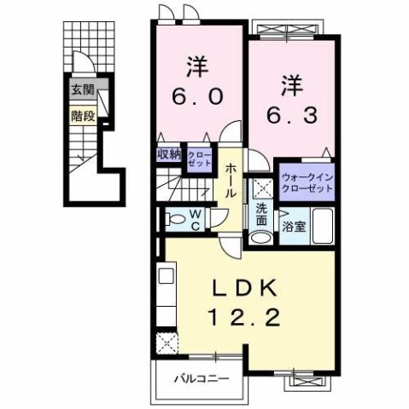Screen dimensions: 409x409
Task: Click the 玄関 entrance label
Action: [83, 89]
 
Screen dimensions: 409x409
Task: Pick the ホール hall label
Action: [231, 181]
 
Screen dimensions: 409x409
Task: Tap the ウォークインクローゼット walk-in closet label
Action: [304, 181]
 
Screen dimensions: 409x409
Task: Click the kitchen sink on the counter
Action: [166, 277]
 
